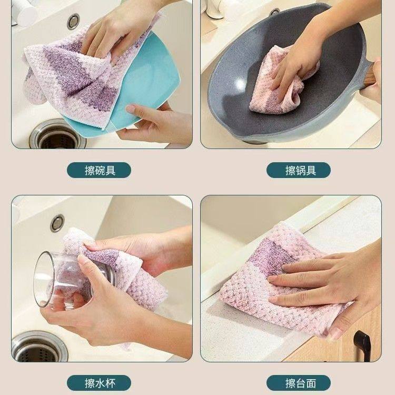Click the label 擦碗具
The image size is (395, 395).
coord(98,170)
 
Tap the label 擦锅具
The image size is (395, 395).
coord(298,170)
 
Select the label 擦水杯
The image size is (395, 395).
coord(98,382)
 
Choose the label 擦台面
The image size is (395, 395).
coord(298,382)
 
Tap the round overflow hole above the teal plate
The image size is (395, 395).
coord(74,21)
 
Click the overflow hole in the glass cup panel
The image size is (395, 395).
coord(57,222)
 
